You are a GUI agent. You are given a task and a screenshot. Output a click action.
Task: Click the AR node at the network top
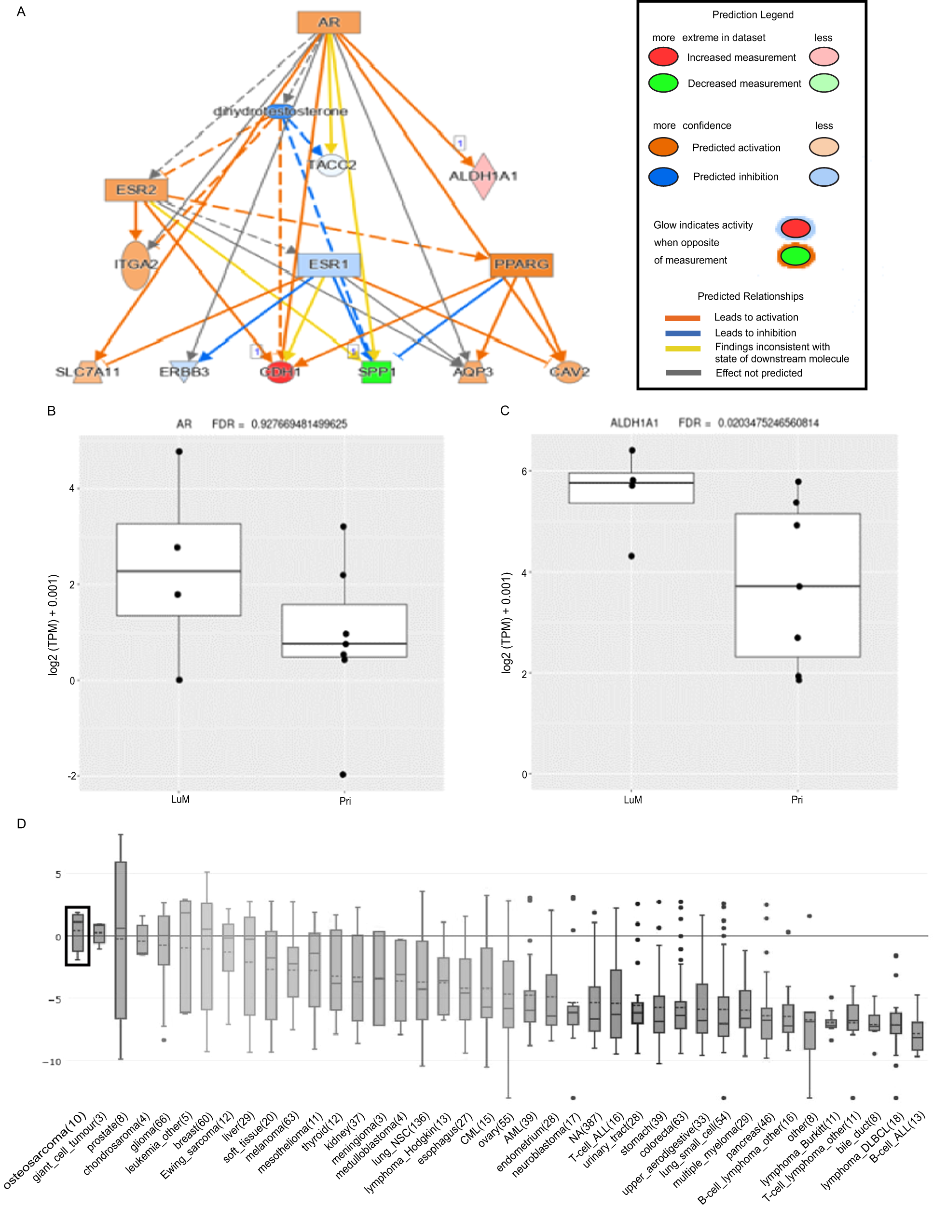pyautogui.click(x=329, y=23)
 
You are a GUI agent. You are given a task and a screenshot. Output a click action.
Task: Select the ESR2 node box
pyautogui.click(x=136, y=190)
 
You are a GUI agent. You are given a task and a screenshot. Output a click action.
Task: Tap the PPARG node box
pyautogui.click(x=521, y=264)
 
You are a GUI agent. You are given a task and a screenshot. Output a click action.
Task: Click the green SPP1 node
pyautogui.click(x=376, y=372)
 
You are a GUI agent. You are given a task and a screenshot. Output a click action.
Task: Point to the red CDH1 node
pyautogui.click(x=280, y=372)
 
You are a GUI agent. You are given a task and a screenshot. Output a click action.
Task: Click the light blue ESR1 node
pyautogui.click(x=329, y=264)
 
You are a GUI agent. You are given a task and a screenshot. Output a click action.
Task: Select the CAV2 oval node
pyautogui.click(x=569, y=372)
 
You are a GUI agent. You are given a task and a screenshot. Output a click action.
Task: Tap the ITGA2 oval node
pyautogui.click(x=136, y=265)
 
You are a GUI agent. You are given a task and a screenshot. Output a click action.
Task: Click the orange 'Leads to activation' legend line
pyautogui.click(x=683, y=318)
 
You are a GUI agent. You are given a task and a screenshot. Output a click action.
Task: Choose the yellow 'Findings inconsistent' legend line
pyautogui.click(x=683, y=348)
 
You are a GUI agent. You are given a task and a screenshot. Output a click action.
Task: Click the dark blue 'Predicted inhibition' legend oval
pyautogui.click(x=663, y=177)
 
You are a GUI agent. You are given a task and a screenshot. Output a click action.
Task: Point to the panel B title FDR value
pyautogui.click(x=299, y=424)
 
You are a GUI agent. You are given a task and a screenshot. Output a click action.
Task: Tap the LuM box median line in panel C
pyautogui.click(x=631, y=483)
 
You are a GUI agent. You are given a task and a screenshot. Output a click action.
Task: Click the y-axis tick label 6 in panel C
pyautogui.click(x=524, y=471)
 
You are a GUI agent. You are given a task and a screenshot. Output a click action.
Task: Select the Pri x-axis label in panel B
pyautogui.click(x=345, y=801)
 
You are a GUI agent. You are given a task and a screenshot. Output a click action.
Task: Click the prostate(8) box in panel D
pyautogui.click(x=121, y=940)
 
